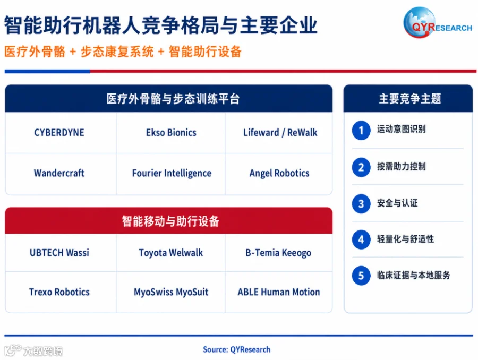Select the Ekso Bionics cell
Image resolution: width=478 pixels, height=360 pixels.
pyautogui.click(x=170, y=133)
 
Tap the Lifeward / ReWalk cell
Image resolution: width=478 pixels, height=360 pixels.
pyautogui.click(x=279, y=133)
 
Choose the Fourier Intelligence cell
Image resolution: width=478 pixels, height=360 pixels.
pyautogui.click(x=170, y=174)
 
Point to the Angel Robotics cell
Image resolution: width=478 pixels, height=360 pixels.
pyautogui.click(x=279, y=174)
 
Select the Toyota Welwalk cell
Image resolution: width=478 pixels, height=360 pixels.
pyautogui.click(x=170, y=252)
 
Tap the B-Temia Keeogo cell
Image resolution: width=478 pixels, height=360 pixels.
pyautogui.click(x=279, y=252)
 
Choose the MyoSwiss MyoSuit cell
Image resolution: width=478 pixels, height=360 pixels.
pyautogui.click(x=170, y=292)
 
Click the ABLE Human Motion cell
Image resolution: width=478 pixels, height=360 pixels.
pyautogui.click(x=279, y=292)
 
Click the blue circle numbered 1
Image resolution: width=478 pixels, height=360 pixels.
pyautogui.click(x=361, y=131)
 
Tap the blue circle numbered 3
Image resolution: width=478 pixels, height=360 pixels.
pyautogui.click(x=361, y=203)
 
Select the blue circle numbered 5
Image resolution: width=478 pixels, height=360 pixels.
pyautogui.click(x=361, y=276)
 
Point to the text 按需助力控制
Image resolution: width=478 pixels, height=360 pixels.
pyautogui.click(x=401, y=166)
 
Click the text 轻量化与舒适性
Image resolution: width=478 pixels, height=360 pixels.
pyautogui.click(x=405, y=239)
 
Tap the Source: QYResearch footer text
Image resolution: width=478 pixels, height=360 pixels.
pyautogui.click(x=236, y=349)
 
